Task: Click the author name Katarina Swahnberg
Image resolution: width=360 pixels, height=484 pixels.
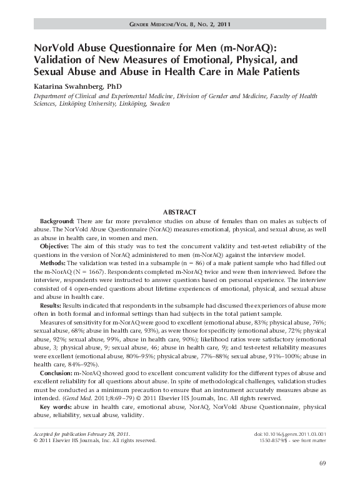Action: tap(73, 85)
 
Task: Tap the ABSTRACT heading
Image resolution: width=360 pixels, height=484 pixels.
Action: tap(179, 213)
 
